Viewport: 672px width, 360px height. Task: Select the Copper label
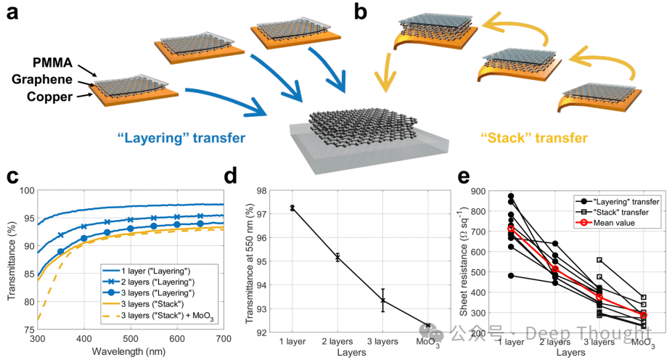click(47, 96)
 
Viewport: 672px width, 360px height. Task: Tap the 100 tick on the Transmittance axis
click(25, 191)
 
